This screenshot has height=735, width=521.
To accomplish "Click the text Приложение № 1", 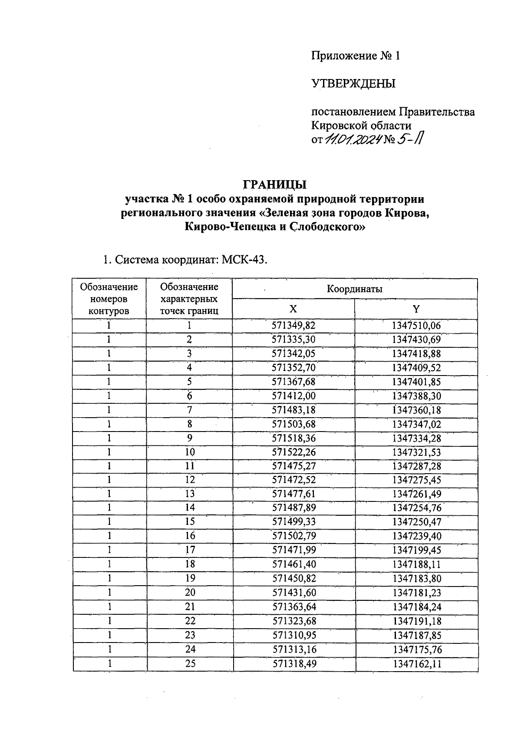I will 355,56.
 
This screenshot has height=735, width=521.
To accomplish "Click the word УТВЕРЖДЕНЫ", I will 353,83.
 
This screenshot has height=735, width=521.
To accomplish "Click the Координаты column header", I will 354,289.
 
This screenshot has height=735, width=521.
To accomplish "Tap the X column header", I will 293,309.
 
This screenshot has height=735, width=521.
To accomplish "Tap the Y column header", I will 416,309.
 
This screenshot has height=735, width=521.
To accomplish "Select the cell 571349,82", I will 293,326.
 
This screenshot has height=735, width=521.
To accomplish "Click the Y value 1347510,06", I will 416,326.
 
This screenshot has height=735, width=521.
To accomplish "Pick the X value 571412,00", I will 293,396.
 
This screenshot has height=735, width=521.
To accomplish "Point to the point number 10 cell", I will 190,452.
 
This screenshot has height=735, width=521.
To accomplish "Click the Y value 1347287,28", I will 416,466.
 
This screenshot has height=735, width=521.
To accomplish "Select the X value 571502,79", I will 294,536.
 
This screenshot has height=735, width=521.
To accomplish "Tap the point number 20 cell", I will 190,593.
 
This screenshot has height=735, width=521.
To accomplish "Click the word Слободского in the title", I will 327,227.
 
